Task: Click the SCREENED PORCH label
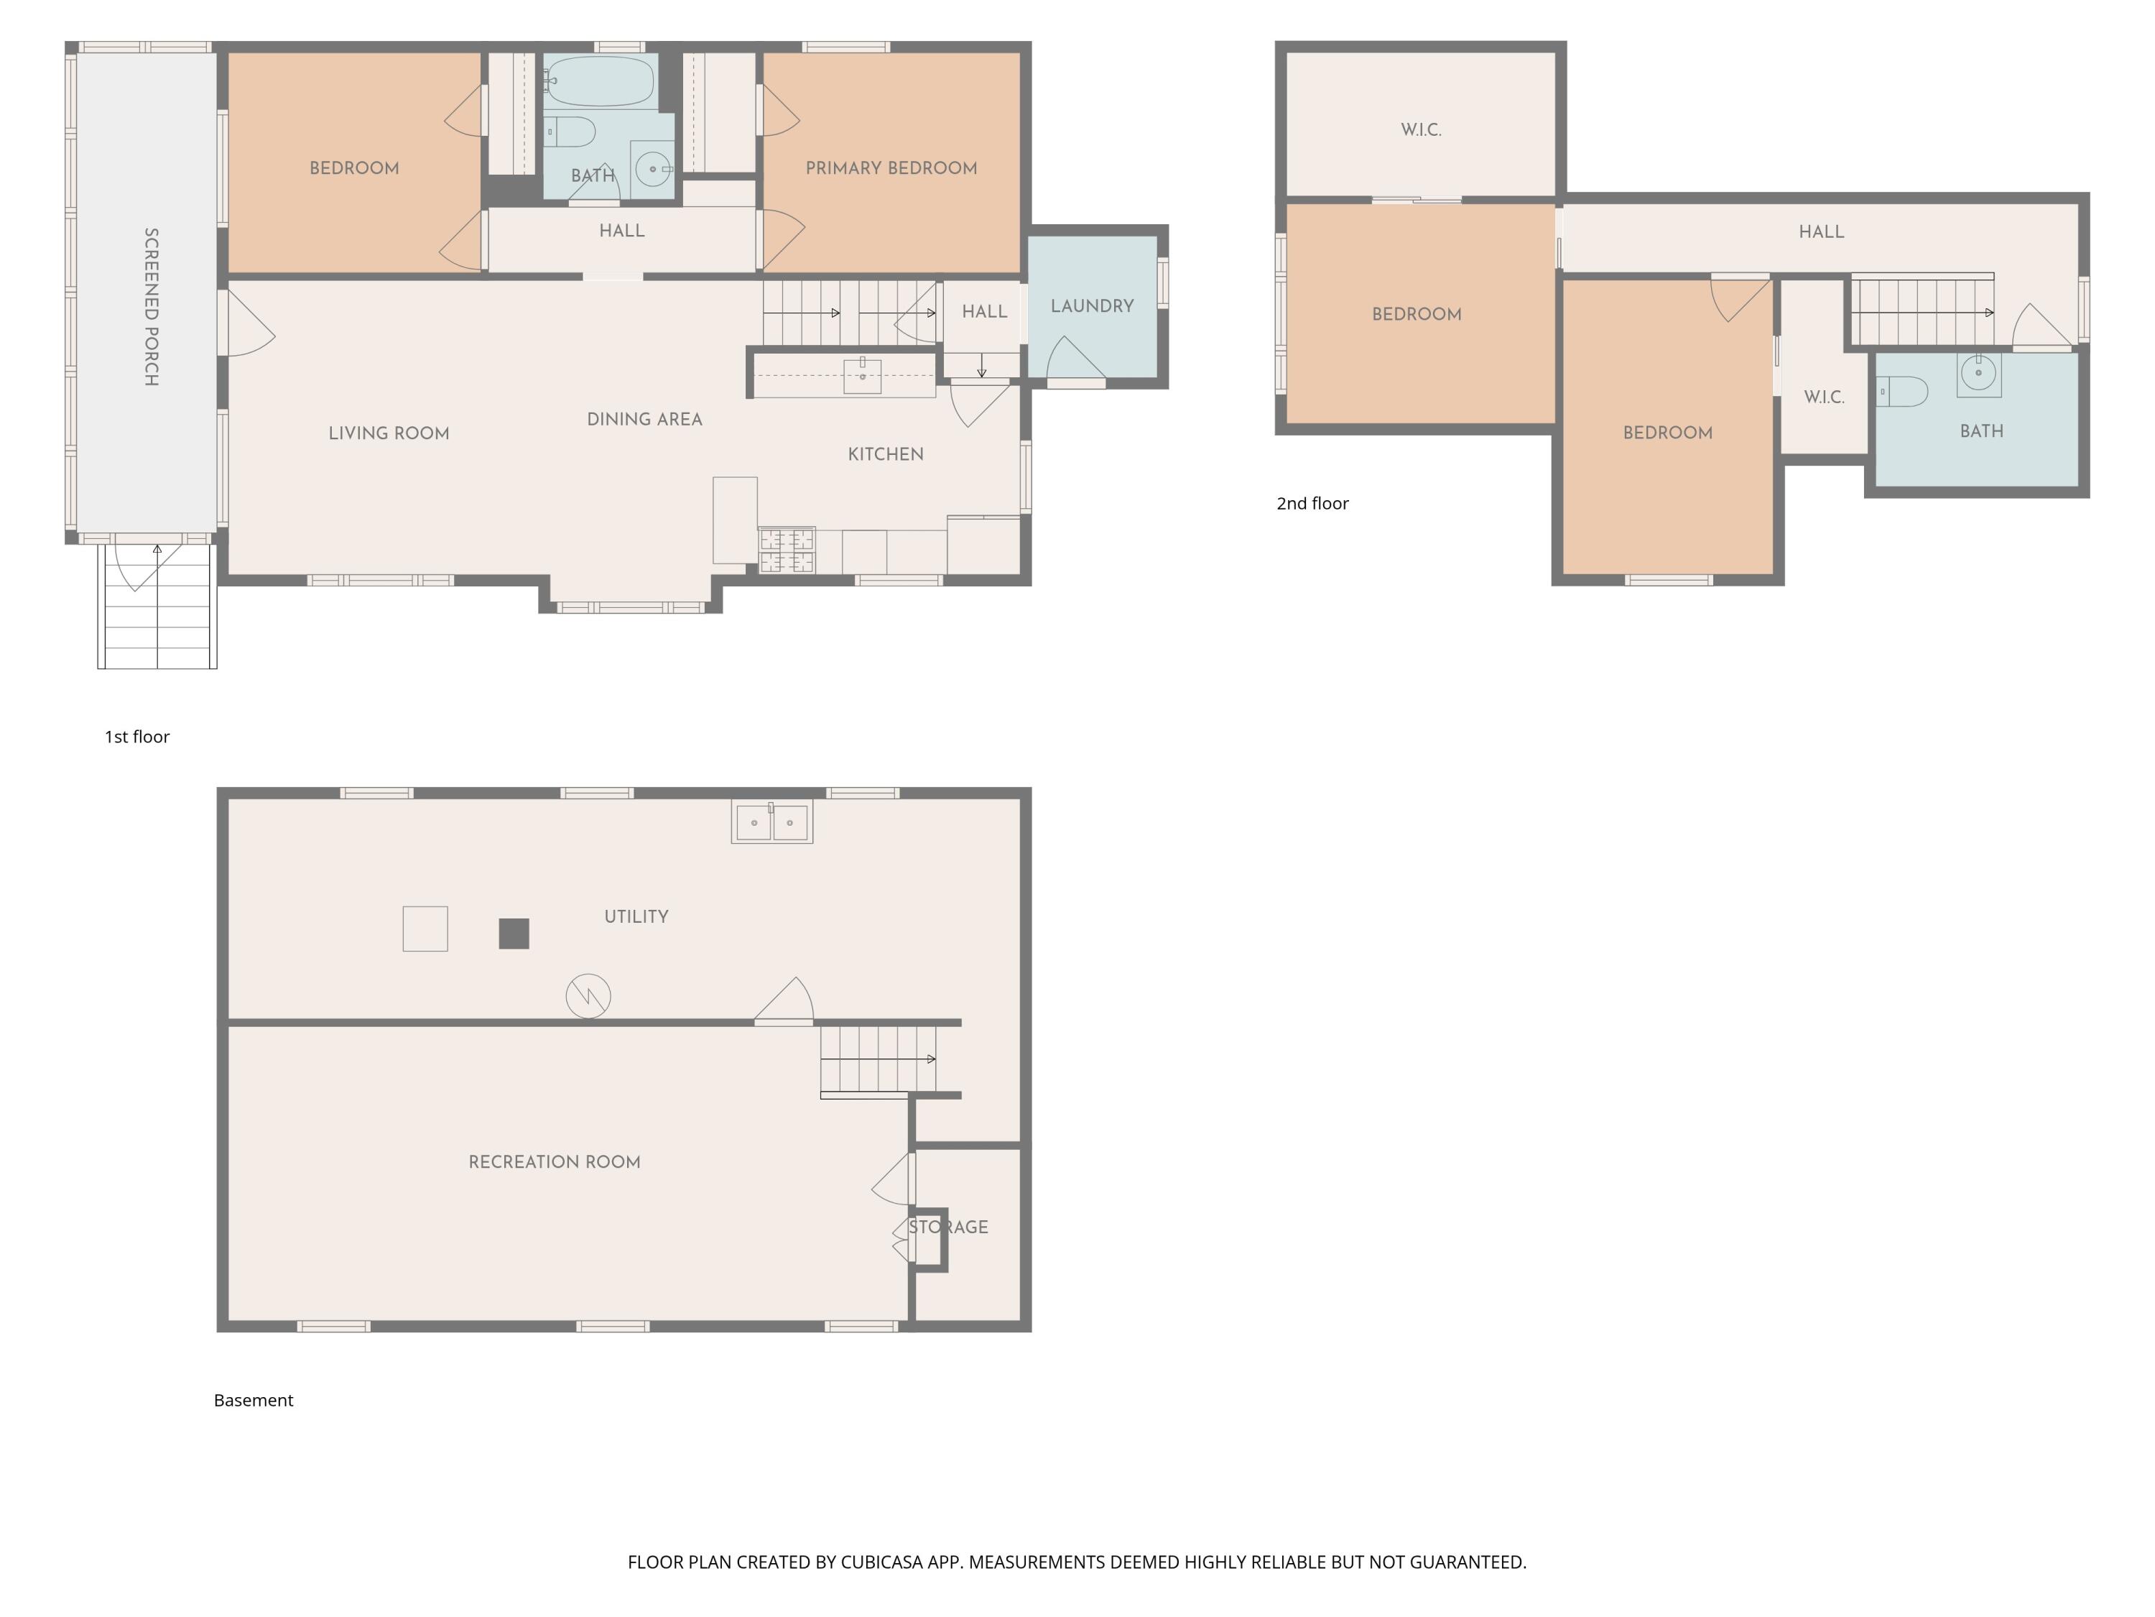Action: click(x=151, y=307)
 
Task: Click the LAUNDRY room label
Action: click(x=1092, y=306)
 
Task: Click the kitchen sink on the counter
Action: click(x=862, y=375)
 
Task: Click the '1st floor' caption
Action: click(x=137, y=737)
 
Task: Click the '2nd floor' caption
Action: click(x=1312, y=504)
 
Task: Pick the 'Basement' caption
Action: click(x=254, y=1401)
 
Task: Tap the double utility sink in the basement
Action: click(x=771, y=821)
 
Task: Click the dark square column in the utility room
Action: click(x=514, y=934)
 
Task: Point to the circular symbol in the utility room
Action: click(x=588, y=996)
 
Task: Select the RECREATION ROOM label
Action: click(x=555, y=1162)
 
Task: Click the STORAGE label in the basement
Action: click(x=948, y=1227)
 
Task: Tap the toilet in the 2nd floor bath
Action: click(x=1903, y=392)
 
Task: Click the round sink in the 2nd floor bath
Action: click(x=1979, y=373)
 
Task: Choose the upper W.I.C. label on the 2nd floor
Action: click(x=1422, y=129)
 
